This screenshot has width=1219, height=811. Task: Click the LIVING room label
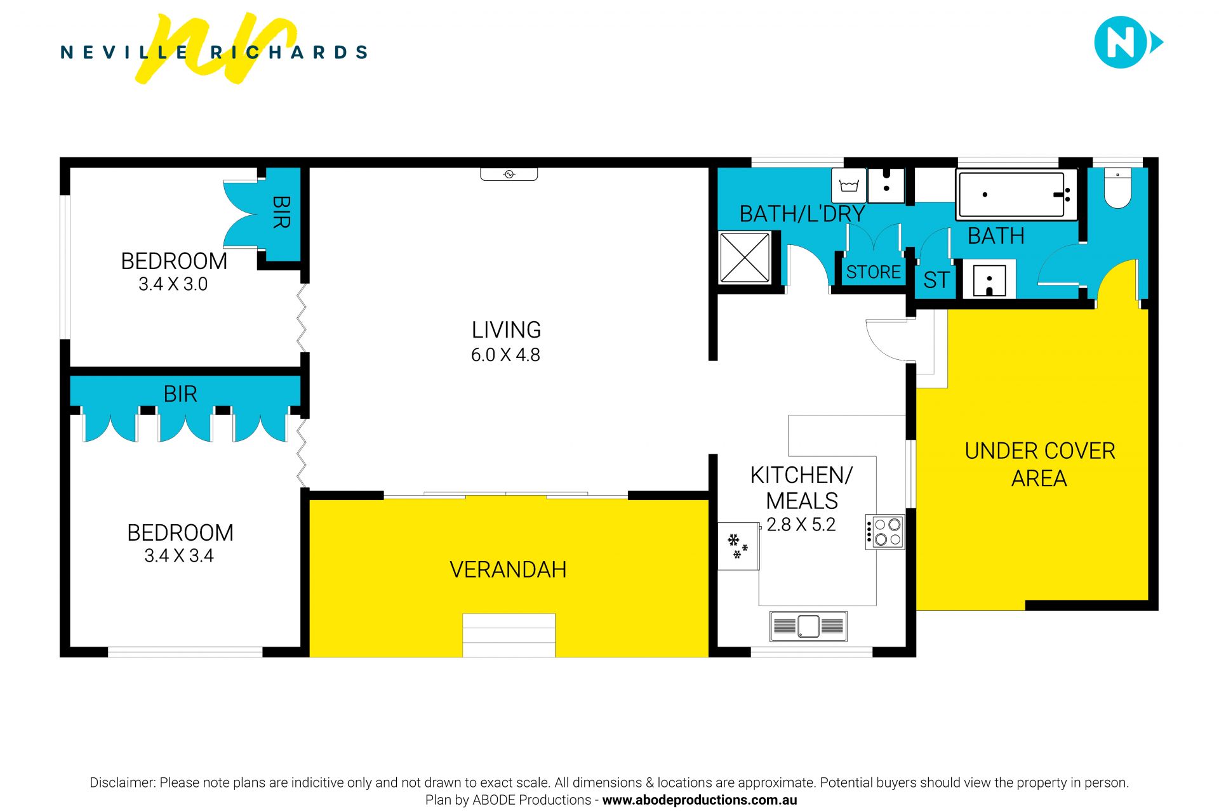pos(506,330)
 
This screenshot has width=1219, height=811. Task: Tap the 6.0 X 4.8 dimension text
pos(505,355)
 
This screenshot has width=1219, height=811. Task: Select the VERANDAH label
pos(508,570)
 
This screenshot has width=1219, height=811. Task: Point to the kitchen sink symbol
pos(808,626)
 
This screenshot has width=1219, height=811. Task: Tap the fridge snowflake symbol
pos(737,546)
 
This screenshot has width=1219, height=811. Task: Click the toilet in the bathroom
pos(1117,188)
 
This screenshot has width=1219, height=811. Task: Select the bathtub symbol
pos(1016,195)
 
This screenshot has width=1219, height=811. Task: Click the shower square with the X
pos(744,258)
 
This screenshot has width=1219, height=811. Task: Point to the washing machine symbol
pos(849,185)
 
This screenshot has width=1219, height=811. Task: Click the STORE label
pos(873,272)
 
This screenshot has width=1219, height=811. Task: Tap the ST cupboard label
pos(936,280)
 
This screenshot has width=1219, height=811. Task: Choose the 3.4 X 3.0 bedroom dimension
pos(173,284)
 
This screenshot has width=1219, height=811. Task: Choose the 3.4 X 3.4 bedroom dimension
pos(179,556)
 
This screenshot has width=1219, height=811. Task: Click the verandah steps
pos(509,635)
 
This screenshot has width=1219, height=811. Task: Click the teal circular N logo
pos(1121,43)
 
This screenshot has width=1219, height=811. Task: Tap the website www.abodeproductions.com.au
pos(699,800)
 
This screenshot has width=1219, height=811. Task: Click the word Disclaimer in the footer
pos(122,782)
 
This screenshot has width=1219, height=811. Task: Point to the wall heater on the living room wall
pos(509,174)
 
